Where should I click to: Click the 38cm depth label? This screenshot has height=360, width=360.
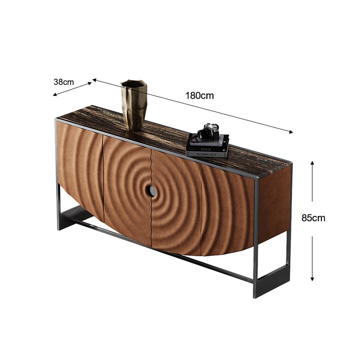(64, 82)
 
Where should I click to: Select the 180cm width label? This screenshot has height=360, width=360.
(199, 96)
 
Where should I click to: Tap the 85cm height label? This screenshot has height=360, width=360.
(313, 218)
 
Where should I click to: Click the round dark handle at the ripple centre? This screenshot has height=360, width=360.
(152, 191)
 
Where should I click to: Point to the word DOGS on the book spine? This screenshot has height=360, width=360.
(206, 149)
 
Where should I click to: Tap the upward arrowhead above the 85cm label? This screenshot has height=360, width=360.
(312, 163)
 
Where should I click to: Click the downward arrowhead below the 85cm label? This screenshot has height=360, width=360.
(312, 279)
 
